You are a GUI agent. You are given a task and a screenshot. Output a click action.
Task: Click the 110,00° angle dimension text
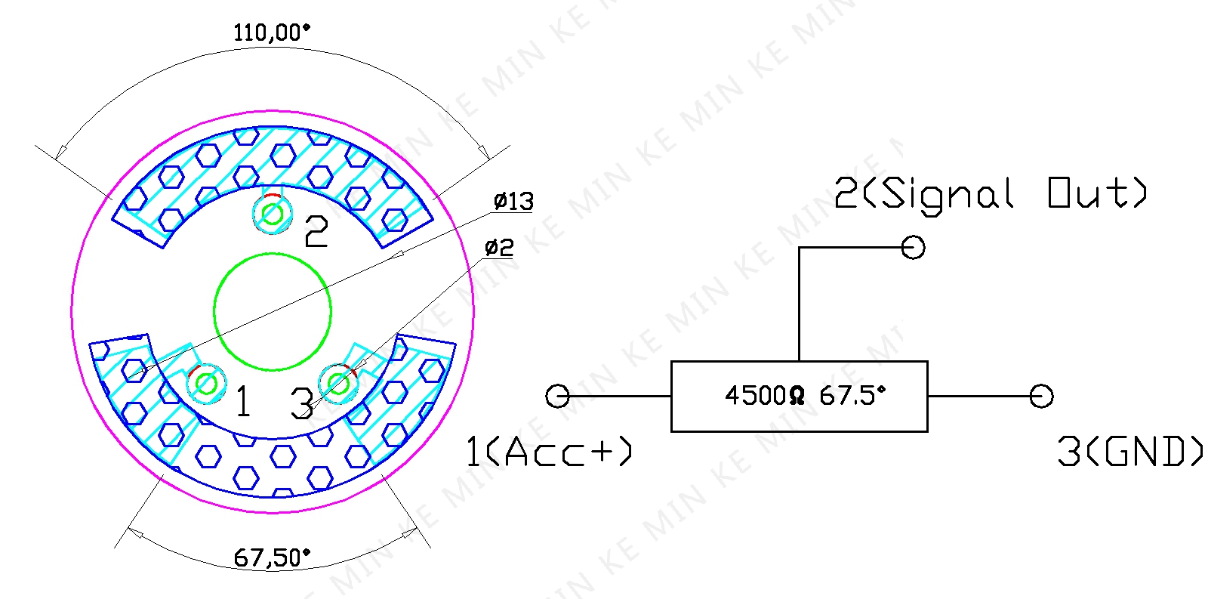[x=272, y=32]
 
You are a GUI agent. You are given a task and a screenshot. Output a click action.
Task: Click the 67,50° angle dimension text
[x=272, y=558]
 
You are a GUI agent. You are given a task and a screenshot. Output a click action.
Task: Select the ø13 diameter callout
[x=513, y=201]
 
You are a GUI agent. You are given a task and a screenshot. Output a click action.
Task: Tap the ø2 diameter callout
[x=499, y=248]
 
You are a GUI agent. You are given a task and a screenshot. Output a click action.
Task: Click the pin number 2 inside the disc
[x=316, y=231]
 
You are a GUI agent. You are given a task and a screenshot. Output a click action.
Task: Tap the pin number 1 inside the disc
[x=243, y=401]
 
